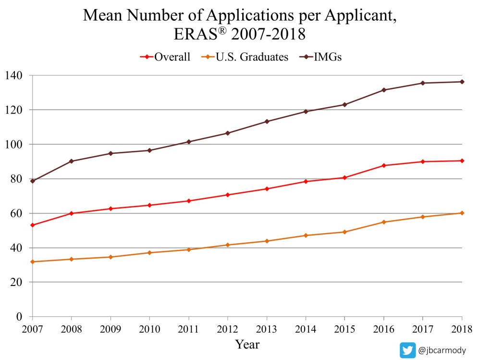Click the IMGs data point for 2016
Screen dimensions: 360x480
[384, 90]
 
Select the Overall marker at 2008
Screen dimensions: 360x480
[72, 213]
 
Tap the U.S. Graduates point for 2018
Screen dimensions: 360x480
[462, 213]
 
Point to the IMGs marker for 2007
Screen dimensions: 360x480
[33, 181]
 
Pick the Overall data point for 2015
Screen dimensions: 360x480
[345, 178]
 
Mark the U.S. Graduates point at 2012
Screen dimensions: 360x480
[228, 245]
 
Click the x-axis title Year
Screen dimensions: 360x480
[247, 344]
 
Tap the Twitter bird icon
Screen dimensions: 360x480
[408, 350]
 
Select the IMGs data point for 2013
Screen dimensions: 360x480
[267, 122]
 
